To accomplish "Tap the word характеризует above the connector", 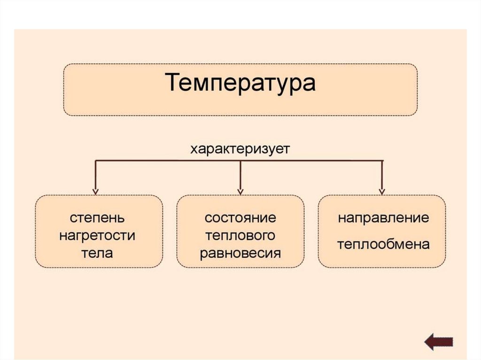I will (x=240, y=149).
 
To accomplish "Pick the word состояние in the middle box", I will (x=240, y=218).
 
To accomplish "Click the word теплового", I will (x=240, y=235).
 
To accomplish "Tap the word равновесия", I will (x=240, y=253).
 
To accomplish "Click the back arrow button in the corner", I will (x=439, y=342).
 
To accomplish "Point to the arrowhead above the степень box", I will (x=95, y=191).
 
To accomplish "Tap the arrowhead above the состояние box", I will (x=240, y=191).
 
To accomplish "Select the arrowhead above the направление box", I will (x=382, y=191).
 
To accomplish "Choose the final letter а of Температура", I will (x=308, y=86).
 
